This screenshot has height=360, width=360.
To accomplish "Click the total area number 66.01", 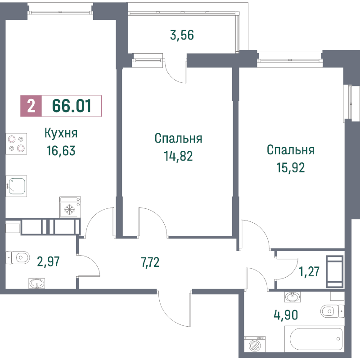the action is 72,106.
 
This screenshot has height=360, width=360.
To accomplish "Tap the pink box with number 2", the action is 31,106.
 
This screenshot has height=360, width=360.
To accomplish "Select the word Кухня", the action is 61,133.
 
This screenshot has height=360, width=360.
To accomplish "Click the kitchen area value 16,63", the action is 61,151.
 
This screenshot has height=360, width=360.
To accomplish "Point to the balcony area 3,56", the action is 182,35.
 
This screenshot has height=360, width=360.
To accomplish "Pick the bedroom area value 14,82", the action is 178,156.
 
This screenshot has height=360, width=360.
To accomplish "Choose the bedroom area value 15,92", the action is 291,167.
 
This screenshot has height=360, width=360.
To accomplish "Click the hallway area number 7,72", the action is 150,262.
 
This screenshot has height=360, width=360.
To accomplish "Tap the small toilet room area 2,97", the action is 48,261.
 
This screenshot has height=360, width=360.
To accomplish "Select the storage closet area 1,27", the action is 309,271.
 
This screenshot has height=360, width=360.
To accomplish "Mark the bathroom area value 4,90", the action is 286,315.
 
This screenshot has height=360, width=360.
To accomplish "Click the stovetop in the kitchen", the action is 16,144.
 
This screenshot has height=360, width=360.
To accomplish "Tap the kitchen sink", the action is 16,186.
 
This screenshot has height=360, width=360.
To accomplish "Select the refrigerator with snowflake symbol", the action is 70,207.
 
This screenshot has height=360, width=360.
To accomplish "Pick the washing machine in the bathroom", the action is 254,344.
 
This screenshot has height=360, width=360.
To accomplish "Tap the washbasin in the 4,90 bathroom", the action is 292,297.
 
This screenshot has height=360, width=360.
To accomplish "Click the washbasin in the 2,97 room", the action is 37,283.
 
